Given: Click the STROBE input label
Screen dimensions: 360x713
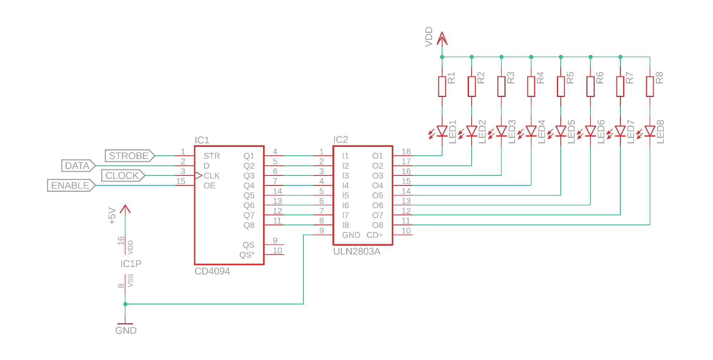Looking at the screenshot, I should (x=129, y=156).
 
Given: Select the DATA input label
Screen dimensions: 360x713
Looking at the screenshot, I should (x=78, y=166).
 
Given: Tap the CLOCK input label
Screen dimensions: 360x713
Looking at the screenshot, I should (x=123, y=175).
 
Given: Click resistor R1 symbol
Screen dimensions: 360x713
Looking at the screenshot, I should (x=442, y=87).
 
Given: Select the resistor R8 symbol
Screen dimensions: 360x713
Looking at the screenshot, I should (x=650, y=87).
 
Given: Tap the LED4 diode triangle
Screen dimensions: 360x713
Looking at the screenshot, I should (x=531, y=131).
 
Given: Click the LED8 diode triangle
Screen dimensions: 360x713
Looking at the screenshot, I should (x=650, y=131).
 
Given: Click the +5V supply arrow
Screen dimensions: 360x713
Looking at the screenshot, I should (x=125, y=210).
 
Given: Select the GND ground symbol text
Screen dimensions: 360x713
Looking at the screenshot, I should (x=126, y=330).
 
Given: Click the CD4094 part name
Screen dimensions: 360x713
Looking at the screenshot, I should (x=212, y=271).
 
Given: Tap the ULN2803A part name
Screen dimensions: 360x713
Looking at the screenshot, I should (x=356, y=252).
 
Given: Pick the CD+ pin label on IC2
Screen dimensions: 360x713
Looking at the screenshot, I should (x=375, y=235).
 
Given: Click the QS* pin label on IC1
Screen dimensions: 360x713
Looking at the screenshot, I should (x=247, y=255).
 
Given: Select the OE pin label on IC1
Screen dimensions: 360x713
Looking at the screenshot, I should (x=210, y=186).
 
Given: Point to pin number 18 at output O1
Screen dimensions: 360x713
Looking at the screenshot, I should (x=406, y=152).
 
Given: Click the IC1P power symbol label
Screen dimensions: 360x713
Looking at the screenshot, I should (x=131, y=264).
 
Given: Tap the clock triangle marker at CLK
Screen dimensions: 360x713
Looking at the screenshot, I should (x=199, y=176).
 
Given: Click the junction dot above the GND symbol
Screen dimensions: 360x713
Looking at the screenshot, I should (x=125, y=304).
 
